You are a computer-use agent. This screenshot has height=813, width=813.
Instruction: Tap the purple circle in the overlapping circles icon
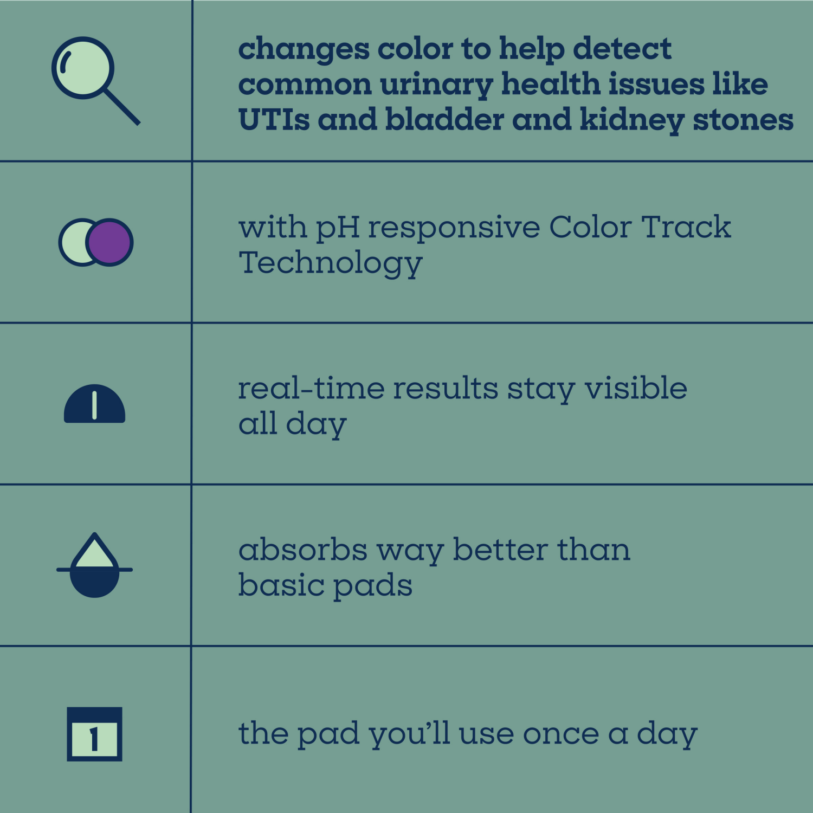coord(110,242)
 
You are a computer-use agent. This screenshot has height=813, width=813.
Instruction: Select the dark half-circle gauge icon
coord(95,404)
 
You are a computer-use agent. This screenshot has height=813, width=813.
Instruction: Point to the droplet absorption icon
coord(95,565)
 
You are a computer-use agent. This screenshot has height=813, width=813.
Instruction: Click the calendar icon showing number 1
coord(94,734)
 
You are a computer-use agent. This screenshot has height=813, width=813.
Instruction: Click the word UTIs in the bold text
coord(274,120)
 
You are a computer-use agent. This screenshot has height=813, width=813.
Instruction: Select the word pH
coord(338,228)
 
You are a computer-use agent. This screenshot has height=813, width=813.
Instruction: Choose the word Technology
coord(331,264)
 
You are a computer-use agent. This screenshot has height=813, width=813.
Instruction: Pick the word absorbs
coord(303,550)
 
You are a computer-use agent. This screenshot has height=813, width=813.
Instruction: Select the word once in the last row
coord(561,735)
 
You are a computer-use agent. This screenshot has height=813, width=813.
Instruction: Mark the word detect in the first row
coord(622,49)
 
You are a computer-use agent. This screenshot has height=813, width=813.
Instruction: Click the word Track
coord(686,227)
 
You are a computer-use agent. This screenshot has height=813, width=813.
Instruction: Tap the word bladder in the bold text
coord(444,120)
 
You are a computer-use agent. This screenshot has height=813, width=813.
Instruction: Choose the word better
coord(500,550)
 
